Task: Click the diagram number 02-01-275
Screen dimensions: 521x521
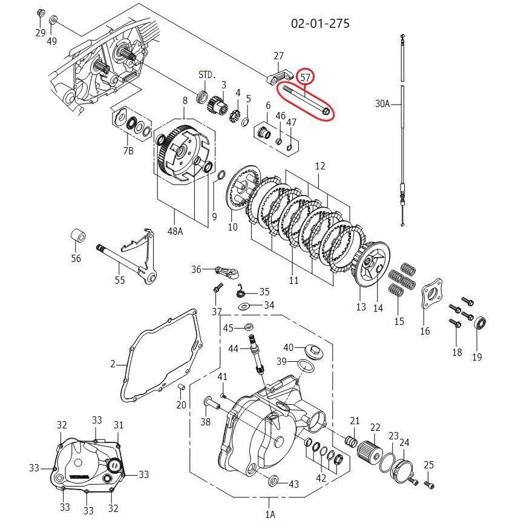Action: coord(320,24)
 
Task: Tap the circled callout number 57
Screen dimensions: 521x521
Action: coord(305,77)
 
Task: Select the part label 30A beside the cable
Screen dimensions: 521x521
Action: coord(382,104)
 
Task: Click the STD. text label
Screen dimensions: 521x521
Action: coord(207,75)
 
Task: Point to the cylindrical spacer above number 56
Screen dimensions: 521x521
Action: coord(79,235)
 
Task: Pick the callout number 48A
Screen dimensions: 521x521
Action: coord(175,231)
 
